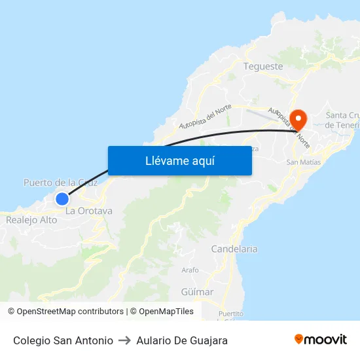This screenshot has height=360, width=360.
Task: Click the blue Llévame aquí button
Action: coord(179,160)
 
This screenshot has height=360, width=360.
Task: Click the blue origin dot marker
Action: coord(62,199)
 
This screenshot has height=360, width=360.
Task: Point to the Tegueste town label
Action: coord(262,66)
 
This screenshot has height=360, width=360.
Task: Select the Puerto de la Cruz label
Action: coord(60,183)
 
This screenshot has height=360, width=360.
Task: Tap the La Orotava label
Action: coord(89,211)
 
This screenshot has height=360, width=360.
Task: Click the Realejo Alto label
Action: coord(31,220)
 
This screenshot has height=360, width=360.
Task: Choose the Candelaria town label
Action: coord(234,249)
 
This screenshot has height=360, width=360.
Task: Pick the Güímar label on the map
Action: coord(197,292)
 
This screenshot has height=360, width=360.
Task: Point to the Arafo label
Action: coord(190,270)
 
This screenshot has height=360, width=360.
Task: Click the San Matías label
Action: coord(304,162)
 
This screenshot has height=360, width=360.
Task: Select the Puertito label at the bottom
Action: coord(232,314)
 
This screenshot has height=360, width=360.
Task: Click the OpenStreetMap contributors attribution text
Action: coord(70,312)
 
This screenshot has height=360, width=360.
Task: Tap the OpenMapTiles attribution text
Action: coord(166,312)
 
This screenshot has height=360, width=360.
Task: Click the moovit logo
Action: coord(320,340)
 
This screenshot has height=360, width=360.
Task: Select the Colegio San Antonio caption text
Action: coord(63,340)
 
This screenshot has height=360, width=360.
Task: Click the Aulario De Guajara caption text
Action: coord(182,340)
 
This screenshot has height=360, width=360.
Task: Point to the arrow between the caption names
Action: coord(124,340)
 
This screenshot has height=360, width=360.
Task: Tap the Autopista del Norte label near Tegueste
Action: coord(206,117)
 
